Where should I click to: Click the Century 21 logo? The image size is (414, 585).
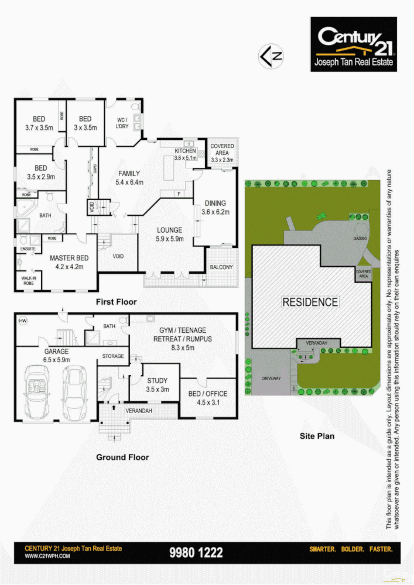tap(353, 44)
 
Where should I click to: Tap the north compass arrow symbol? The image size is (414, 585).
tap(271, 56)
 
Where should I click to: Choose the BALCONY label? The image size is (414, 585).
tap(221, 267)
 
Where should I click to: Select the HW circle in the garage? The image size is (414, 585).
tap(23, 321)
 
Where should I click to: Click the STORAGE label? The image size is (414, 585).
tap(113, 356)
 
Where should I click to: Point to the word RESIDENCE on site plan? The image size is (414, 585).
tap(310, 302)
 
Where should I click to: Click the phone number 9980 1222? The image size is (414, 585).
tap(196, 552)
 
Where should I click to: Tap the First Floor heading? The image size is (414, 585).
tap(116, 302)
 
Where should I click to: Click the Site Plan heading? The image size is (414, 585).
tap(317, 436)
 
